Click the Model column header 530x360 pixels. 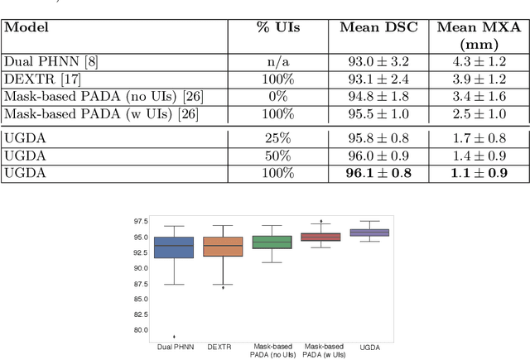[x=26, y=27]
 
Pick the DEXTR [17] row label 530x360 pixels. [x=34, y=79]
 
